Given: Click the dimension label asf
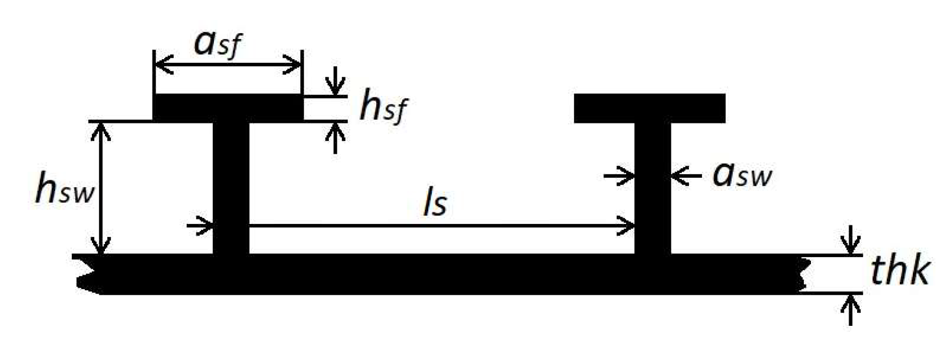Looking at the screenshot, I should [217, 45].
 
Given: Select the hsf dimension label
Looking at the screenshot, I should [383, 108].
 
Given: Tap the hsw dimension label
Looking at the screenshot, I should [64, 190].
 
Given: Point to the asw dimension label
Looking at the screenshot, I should [742, 175].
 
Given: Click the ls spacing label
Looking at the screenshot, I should [434, 204].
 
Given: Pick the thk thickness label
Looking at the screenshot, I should [900, 272].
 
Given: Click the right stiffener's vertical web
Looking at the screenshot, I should [653, 211].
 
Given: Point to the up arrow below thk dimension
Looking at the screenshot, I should [850, 309].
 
